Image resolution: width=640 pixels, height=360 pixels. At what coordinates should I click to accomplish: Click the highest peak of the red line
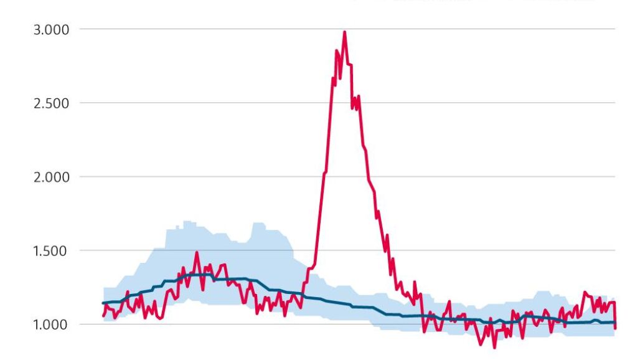pos(344,32)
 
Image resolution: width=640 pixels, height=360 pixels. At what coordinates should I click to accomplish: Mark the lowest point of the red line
pos(495,347)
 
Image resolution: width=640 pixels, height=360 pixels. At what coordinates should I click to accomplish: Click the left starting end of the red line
pos(103,316)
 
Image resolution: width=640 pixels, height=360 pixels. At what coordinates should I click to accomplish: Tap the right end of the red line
pos(615,328)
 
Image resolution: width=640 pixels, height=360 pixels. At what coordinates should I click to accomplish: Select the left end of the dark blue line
pos(103,303)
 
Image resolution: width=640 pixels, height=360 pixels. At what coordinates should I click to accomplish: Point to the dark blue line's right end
pos(615,322)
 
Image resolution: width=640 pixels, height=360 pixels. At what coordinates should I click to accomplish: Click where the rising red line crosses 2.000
pos(324,177)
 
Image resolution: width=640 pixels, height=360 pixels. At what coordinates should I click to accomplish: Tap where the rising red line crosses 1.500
pos(316,250)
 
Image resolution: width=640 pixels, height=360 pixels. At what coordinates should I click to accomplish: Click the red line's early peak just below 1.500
pos(197,253)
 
